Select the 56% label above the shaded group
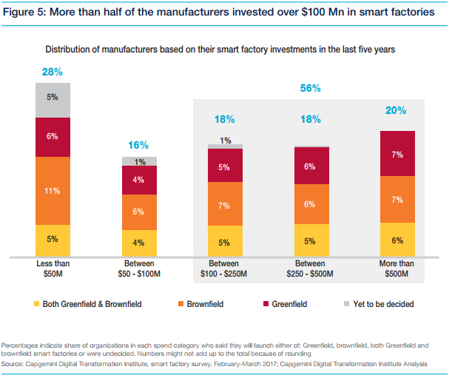pyautogui.click(x=310, y=88)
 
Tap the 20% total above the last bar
pyautogui.click(x=395, y=110)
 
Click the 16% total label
pyautogui.click(x=138, y=145)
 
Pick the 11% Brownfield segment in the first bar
pyautogui.click(x=52, y=190)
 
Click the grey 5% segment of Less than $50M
pyautogui.click(x=52, y=97)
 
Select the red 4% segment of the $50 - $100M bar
pyautogui.click(x=138, y=180)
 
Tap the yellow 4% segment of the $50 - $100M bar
pyautogui.click(x=138, y=243)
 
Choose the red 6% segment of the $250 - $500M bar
pyautogui.click(x=310, y=166)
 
